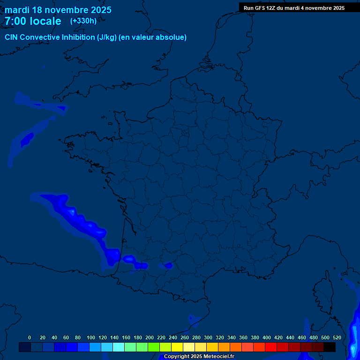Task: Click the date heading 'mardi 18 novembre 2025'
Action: tap(58, 10)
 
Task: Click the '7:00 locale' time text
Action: tap(33, 21)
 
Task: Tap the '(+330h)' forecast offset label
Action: tap(83, 21)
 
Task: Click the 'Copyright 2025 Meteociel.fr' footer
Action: tap(199, 357)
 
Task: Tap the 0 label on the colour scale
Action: tap(30, 337)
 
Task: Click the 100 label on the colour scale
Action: tap(91, 337)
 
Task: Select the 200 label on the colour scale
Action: tap(150, 337)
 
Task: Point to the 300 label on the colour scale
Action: tap(208, 337)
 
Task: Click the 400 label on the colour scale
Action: tap(267, 337)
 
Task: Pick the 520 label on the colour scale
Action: tap(337, 337)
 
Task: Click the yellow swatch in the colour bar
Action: tap(177, 347)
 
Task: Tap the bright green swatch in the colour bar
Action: tap(154, 347)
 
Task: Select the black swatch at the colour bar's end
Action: tap(330, 347)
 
